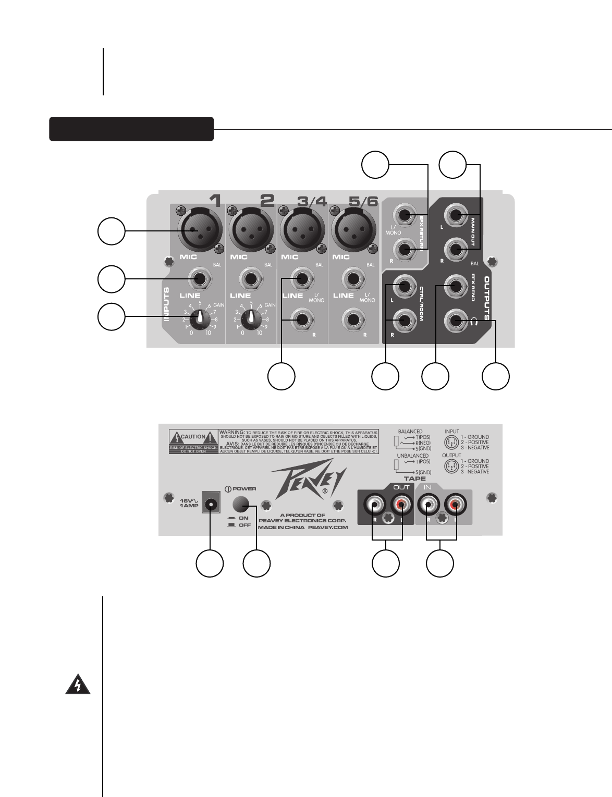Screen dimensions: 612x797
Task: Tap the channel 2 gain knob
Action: [x=252, y=316]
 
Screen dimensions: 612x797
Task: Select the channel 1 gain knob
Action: [x=200, y=316]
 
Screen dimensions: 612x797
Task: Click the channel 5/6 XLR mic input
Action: [x=353, y=230]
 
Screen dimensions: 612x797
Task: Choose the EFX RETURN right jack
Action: [x=405, y=251]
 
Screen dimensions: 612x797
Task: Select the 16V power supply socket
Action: [x=211, y=504]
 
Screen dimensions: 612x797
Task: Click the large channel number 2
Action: [x=267, y=201]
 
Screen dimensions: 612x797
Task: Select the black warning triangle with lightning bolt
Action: [x=78, y=685]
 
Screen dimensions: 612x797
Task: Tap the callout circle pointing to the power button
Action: [x=257, y=563]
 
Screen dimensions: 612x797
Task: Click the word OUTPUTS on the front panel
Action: [x=487, y=298]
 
